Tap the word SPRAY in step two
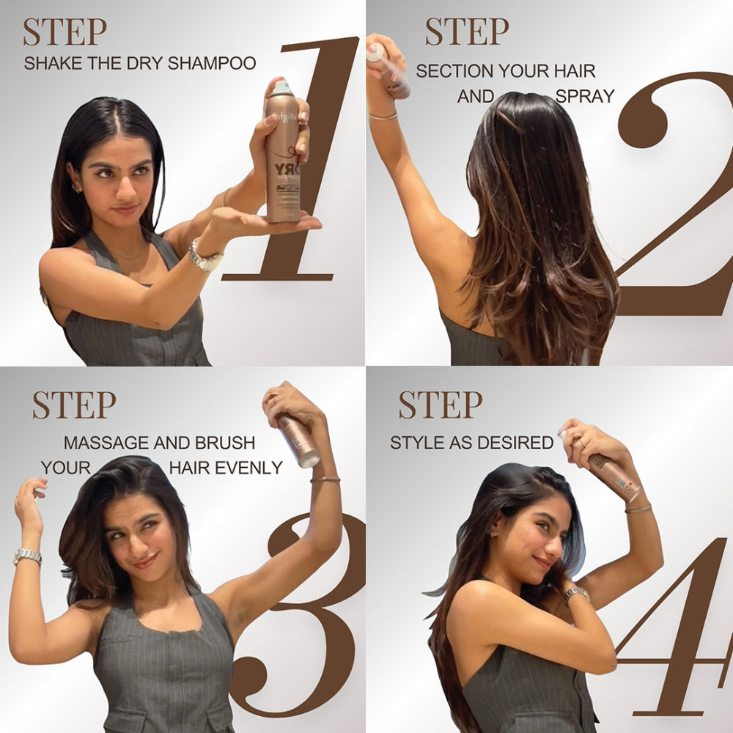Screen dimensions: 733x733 point(585,96)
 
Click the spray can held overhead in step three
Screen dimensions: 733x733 point(298,438)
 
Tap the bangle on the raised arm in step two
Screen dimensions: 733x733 point(383,117)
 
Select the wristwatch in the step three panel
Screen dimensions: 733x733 point(27,556)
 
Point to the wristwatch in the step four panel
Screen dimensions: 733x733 point(576,594)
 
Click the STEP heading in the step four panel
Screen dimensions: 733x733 point(441,405)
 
